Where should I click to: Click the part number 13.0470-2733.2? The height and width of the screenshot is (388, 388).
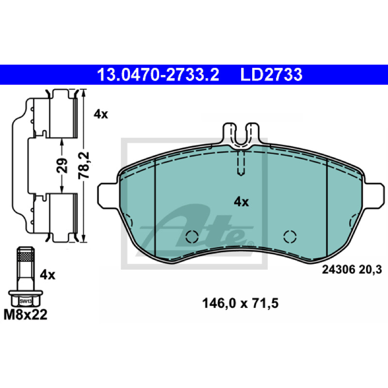click(158, 75)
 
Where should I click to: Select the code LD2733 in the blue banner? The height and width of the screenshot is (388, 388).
click(271, 75)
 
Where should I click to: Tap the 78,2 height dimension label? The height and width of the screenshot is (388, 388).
click(84, 165)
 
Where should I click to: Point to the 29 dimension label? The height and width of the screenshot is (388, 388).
click(62, 165)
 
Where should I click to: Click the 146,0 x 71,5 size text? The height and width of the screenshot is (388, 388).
click(240, 304)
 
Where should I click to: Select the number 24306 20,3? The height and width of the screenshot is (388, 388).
click(352, 270)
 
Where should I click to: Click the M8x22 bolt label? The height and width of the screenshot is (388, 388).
click(25, 315)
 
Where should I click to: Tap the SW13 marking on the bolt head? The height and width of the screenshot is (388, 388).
click(26, 301)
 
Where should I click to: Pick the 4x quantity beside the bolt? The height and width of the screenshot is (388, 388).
click(48, 275)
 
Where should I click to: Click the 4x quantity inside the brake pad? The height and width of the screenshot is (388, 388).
click(241, 202)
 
